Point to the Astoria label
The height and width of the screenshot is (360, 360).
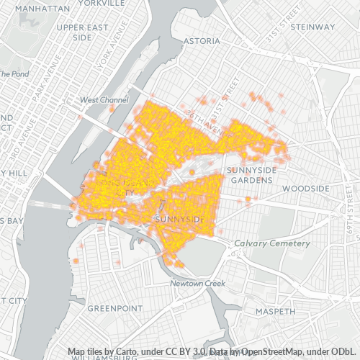[x=202, y=41]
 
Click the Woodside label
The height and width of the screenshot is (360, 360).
[x=305, y=188]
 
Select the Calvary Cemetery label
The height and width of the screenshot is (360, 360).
[x=272, y=243]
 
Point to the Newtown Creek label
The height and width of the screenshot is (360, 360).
[x=198, y=284]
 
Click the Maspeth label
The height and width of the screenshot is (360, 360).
[x=275, y=311]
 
